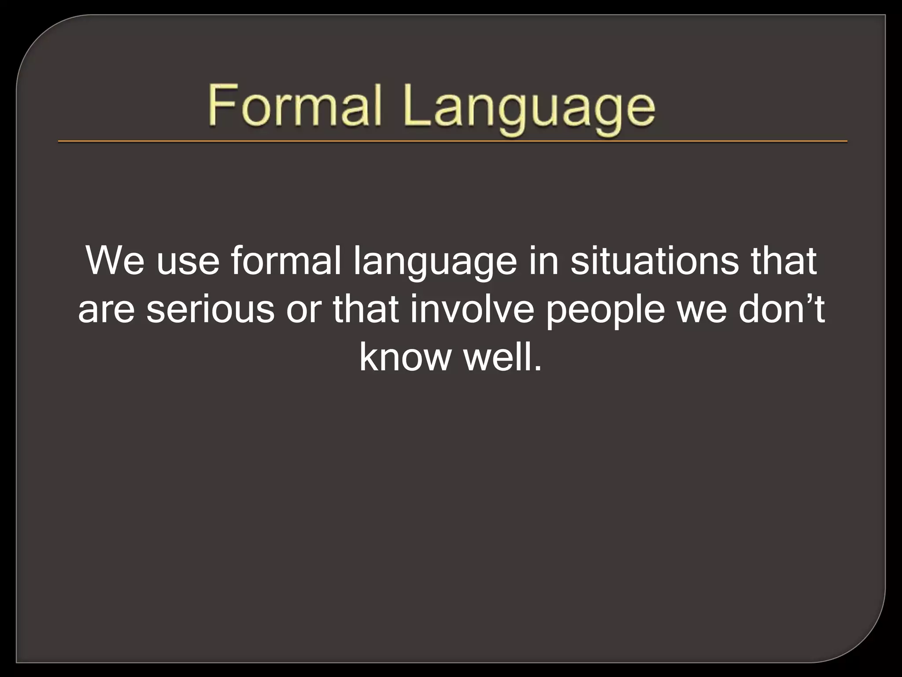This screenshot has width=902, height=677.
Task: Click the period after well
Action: point(536,369)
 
